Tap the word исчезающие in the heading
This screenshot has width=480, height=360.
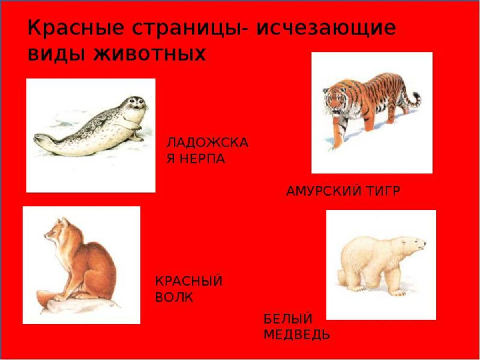point(326,29)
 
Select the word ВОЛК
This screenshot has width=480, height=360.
point(174,297)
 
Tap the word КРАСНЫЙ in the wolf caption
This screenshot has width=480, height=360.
point(188,281)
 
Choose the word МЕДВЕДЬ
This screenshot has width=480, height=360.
point(297,334)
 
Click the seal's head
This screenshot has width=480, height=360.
point(135,105)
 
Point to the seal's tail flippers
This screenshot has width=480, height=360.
point(42,140)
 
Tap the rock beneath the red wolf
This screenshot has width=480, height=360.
point(72,306)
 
